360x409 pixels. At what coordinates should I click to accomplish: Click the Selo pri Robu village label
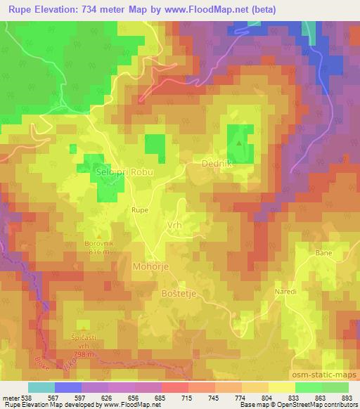[123, 171]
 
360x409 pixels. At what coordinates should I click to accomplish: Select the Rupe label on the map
[140, 209]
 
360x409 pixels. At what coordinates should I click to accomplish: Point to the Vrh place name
[174, 225]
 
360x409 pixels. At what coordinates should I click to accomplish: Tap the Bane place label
[323, 252]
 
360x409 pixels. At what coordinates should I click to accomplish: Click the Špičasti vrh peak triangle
[84, 327]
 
